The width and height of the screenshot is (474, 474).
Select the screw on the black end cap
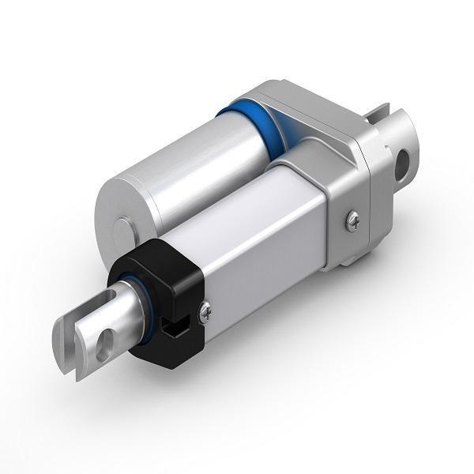tap(207, 314)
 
